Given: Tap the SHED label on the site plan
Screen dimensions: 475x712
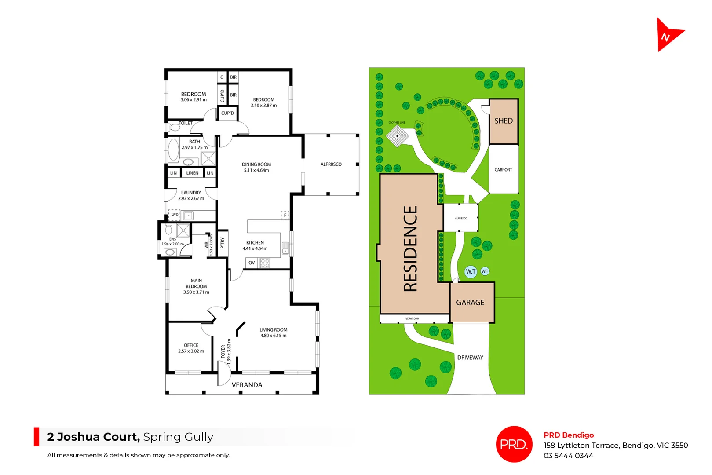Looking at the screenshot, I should (504, 121).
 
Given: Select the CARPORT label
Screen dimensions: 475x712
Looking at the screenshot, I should (503, 170).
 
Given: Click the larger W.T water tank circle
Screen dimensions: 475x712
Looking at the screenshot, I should (471, 271).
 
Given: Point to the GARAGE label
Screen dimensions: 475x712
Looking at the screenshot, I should (470, 303).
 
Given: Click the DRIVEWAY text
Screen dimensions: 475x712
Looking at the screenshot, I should (470, 358).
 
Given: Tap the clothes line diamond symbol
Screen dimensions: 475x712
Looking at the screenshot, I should (398, 136).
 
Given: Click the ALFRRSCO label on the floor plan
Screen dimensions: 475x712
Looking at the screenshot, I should (331, 164).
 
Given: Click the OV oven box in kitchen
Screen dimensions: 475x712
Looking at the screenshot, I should (252, 263).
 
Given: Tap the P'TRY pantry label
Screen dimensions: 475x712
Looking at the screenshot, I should (223, 243).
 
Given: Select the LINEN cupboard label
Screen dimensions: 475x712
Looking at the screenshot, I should (192, 173).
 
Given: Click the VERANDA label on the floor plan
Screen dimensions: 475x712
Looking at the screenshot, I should (247, 385).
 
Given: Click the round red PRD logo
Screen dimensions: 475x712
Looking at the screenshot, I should (514, 444).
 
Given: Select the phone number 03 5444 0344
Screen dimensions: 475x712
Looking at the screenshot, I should (568, 456).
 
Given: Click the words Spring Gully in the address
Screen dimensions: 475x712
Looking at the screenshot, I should (178, 437).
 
